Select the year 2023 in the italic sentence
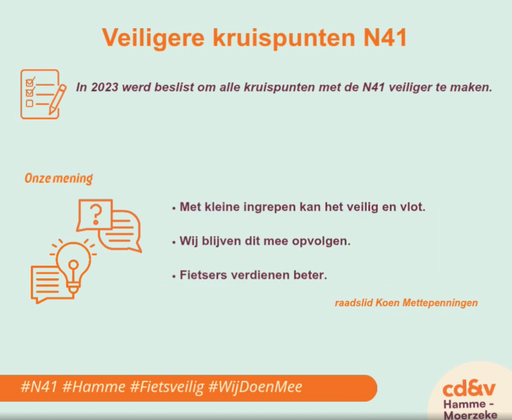(x=105, y=87)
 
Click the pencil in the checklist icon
(x=57, y=99)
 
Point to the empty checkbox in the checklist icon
(x=29, y=104)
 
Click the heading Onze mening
(x=59, y=179)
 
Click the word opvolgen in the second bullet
(x=321, y=241)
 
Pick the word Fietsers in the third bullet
(x=203, y=275)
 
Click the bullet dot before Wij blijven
(x=173, y=242)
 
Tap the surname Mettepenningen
(x=440, y=303)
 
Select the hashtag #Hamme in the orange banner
(x=94, y=387)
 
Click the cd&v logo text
(x=469, y=388)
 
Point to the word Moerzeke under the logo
(x=470, y=414)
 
